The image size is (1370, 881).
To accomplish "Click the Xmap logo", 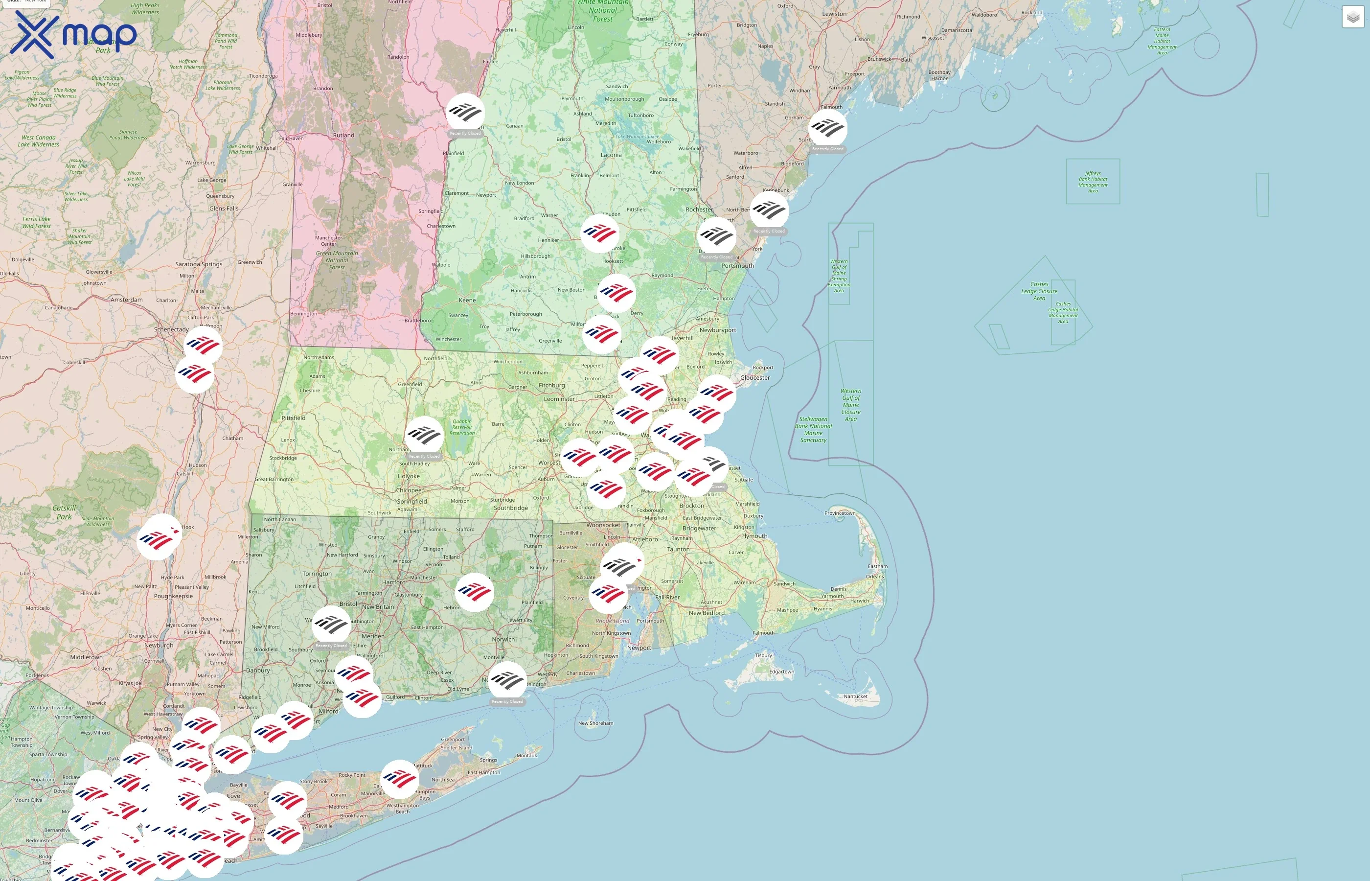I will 73,34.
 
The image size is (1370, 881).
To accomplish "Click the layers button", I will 1353,17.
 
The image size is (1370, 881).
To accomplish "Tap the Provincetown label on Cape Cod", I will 840,513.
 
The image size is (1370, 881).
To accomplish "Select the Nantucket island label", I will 855,696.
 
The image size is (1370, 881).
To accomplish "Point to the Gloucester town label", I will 755,377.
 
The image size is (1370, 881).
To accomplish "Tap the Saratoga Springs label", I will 199,264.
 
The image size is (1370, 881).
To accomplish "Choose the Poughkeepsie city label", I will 173,596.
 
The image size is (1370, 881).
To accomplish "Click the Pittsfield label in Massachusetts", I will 293,418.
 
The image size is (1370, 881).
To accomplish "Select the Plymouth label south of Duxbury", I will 753,536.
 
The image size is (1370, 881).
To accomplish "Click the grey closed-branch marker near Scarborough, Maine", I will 827,128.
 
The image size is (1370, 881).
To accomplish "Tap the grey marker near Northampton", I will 424,435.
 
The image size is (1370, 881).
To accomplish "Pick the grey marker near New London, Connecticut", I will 507,680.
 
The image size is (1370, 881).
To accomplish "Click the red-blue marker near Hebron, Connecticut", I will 474,592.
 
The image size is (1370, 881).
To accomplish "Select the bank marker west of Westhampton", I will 399,779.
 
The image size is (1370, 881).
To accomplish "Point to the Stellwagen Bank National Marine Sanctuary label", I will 813,430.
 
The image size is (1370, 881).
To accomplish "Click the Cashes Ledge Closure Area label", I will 1039,291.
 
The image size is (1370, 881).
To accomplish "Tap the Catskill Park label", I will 64,512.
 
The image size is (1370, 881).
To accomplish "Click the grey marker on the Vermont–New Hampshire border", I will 465,112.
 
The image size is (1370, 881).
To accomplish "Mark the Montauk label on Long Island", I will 526,755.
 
